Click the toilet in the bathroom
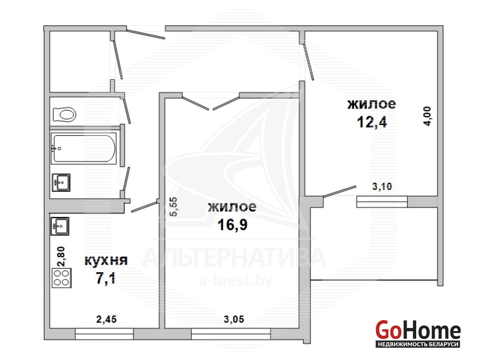pyautogui.click(x=64, y=115)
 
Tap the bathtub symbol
pyautogui.click(x=84, y=148)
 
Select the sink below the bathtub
pyautogui.click(x=61, y=183)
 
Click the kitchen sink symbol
pyautogui.click(x=60, y=226)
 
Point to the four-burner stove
pyautogui.click(x=61, y=278)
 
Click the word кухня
pyautogui.click(x=106, y=261)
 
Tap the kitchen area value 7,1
pyautogui.click(x=106, y=279)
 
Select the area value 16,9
pyautogui.click(x=232, y=225)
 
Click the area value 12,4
pyautogui.click(x=372, y=122)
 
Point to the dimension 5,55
pyautogui.click(x=173, y=207)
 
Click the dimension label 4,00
pyautogui.click(x=427, y=116)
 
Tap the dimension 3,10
pyautogui.click(x=382, y=186)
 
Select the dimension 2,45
pyautogui.click(x=106, y=319)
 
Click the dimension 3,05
pyautogui.click(x=234, y=319)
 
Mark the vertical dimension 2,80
pyautogui.click(x=61, y=256)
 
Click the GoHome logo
pyautogui.click(x=418, y=333)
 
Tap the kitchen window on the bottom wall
pyautogui.click(x=104, y=334)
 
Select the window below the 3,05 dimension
pyautogui.click(x=231, y=334)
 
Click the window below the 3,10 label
pyautogui.click(x=382, y=202)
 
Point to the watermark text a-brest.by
pyautogui.click(x=235, y=281)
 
